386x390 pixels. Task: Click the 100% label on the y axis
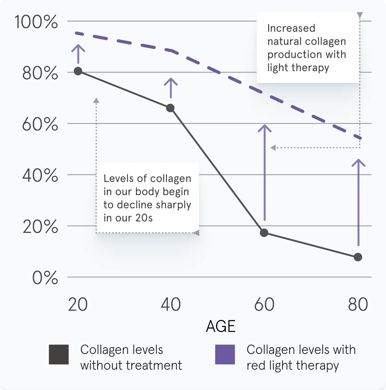pyautogui.click(x=36, y=22)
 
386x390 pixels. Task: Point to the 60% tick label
pyautogui.click(x=40, y=125)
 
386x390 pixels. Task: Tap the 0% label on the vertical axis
pyautogui.click(x=45, y=278)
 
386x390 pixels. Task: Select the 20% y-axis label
pyautogui.click(x=40, y=227)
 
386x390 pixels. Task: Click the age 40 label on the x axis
pyautogui.click(x=171, y=304)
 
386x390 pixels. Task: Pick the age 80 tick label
pyautogui.click(x=358, y=304)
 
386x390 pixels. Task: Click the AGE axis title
pyautogui.click(x=221, y=326)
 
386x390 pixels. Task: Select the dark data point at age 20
pyautogui.click(x=78, y=71)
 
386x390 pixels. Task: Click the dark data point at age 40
pyautogui.click(x=170, y=108)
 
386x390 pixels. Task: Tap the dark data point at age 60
pyautogui.click(x=264, y=233)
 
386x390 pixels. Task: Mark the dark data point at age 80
pyautogui.click(x=358, y=257)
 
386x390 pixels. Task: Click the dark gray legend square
pyautogui.click(x=59, y=354)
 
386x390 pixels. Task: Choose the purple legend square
pyautogui.click(x=225, y=354)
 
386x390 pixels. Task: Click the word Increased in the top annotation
pyautogui.click(x=291, y=28)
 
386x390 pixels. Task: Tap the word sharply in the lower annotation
pyautogui.click(x=173, y=205)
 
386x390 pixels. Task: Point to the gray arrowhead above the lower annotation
pyautogui.click(x=96, y=101)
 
